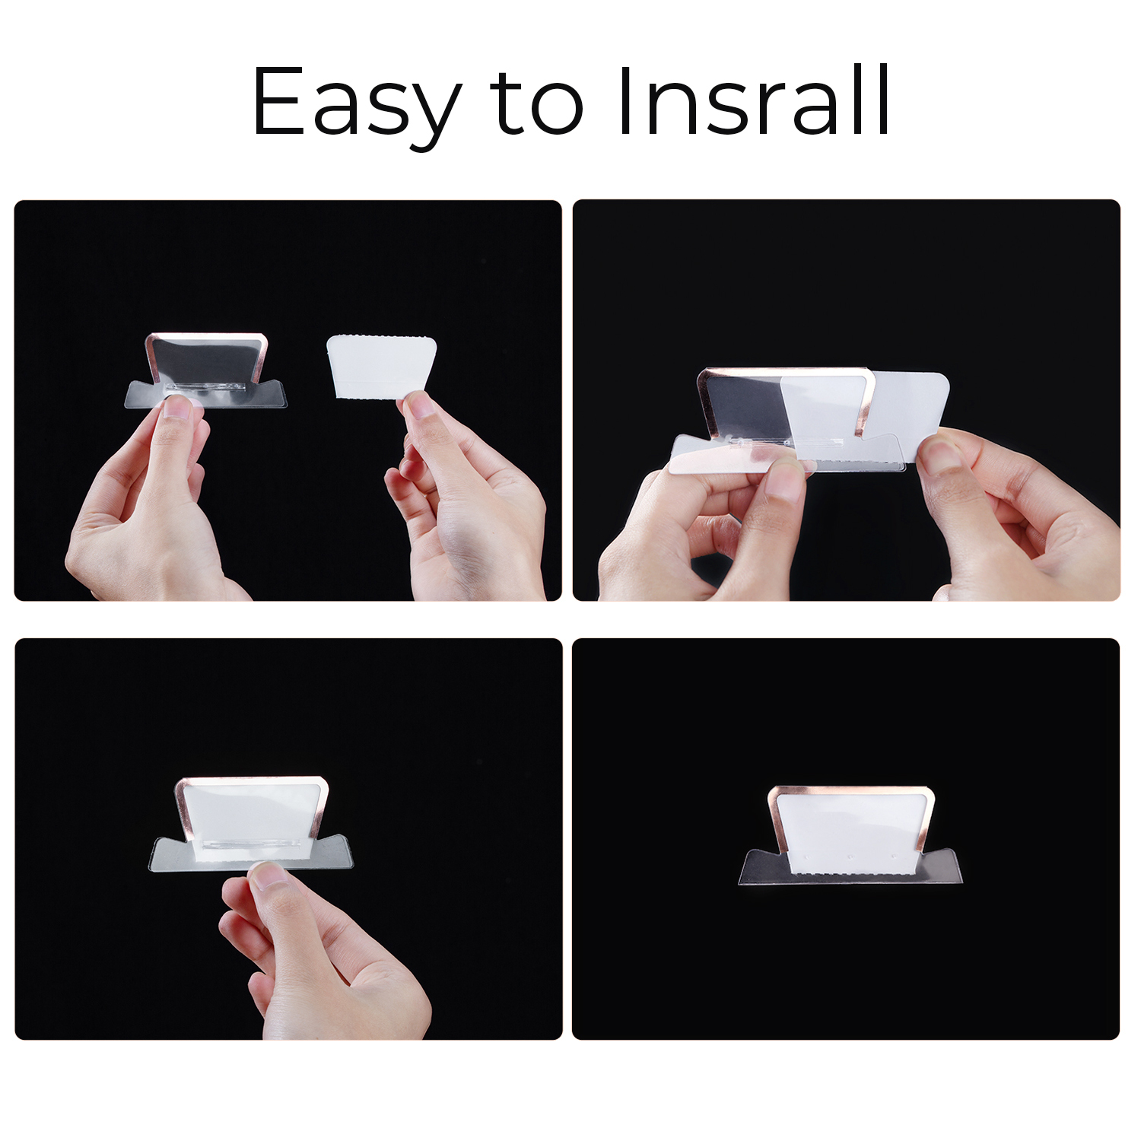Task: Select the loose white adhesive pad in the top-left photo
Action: [381, 367]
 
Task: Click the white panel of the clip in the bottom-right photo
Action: [850, 832]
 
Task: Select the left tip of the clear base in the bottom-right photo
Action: [739, 882]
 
